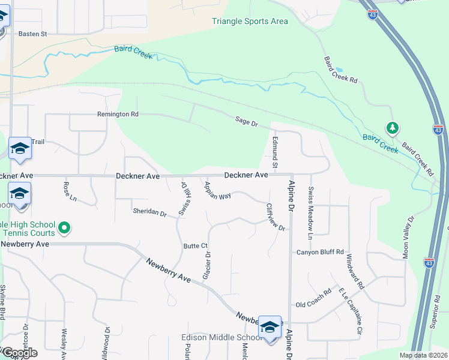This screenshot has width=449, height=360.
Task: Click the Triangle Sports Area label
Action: click(x=250, y=22)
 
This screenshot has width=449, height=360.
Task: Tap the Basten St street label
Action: click(x=32, y=34)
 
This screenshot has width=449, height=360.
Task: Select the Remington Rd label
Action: click(x=118, y=114)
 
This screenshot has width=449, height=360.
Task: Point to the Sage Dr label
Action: click(x=246, y=124)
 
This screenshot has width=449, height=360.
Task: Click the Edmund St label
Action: click(x=275, y=152)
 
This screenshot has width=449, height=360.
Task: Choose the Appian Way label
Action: click(x=217, y=190)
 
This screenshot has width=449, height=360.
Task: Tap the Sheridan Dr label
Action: click(x=149, y=212)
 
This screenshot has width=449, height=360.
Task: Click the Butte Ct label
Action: click(x=195, y=246)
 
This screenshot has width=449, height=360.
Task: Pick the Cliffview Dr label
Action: click(x=275, y=217)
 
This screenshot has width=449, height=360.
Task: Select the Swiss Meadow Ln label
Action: click(x=310, y=213)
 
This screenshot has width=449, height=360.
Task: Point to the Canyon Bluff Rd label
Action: click(x=320, y=252)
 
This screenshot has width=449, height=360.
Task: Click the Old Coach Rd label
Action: click(x=313, y=297)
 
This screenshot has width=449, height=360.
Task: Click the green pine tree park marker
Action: click(x=393, y=128)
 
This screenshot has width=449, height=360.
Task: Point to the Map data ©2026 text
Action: click(x=423, y=355)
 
